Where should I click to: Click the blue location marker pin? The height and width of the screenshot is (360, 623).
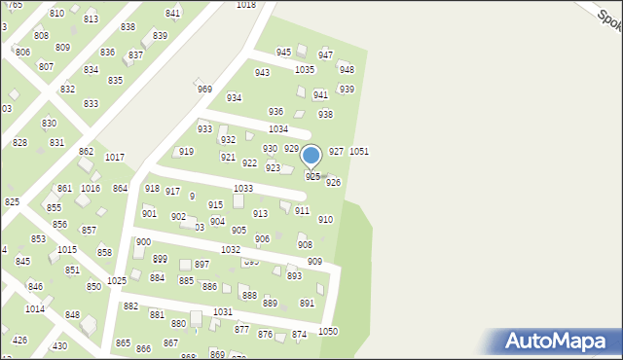pyautogui.click(x=311, y=156)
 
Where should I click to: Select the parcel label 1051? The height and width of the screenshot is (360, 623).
pyautogui.click(x=359, y=152)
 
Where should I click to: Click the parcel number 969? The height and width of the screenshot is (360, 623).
pyautogui.click(x=204, y=89)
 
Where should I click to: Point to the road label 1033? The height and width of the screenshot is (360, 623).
pyautogui.click(x=243, y=188)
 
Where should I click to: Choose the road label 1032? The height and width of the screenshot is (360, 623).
pyautogui.click(x=231, y=250)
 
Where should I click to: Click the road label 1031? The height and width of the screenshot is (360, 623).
pyautogui.click(x=223, y=312)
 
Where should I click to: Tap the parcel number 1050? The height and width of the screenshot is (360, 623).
pyautogui.click(x=328, y=332)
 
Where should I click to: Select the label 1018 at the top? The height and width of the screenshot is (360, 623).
pyautogui.click(x=246, y=5)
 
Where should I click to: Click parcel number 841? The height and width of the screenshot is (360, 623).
pyautogui.click(x=173, y=14)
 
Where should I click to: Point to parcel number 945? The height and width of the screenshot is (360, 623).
pyautogui.click(x=283, y=52)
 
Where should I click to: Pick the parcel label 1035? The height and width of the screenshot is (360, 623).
pyautogui.click(x=305, y=70)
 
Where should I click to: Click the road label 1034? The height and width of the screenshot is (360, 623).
pyautogui.click(x=278, y=128)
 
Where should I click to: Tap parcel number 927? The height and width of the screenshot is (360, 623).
pyautogui.click(x=336, y=151)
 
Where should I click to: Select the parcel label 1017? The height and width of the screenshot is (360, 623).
pyautogui.click(x=115, y=157)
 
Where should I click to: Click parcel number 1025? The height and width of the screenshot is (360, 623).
pyautogui.click(x=117, y=281)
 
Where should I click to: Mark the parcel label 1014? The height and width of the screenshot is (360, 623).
pyautogui.click(x=34, y=308)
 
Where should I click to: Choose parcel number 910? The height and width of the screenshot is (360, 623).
pyautogui.click(x=325, y=220)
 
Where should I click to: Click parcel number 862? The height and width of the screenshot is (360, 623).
pyautogui.click(x=86, y=152)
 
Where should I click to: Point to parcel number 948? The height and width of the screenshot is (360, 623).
pyautogui.click(x=346, y=70)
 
